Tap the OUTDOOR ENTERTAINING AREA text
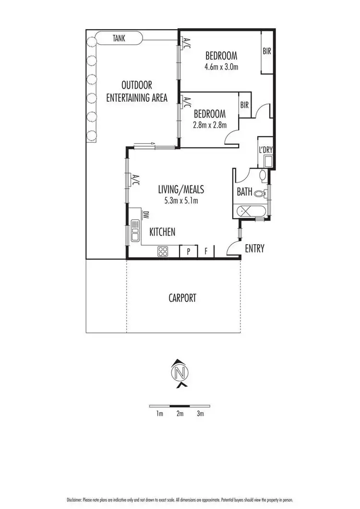tap(137, 92)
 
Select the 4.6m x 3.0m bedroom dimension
tap(221, 67)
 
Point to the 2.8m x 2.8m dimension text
tap(210, 125)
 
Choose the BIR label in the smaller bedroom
tap(244, 105)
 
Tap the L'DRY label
tap(265, 149)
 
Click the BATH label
tap(244, 192)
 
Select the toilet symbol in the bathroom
tap(261, 194)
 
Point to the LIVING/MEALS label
tap(178, 190)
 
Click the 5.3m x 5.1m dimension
tap(178, 201)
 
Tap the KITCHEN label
tap(162, 232)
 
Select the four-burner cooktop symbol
tap(162, 251)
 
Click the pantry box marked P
tap(188, 251)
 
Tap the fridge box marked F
tap(206, 251)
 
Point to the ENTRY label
tap(254, 249)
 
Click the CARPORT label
tap(182, 298)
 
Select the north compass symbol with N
tap(180, 372)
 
